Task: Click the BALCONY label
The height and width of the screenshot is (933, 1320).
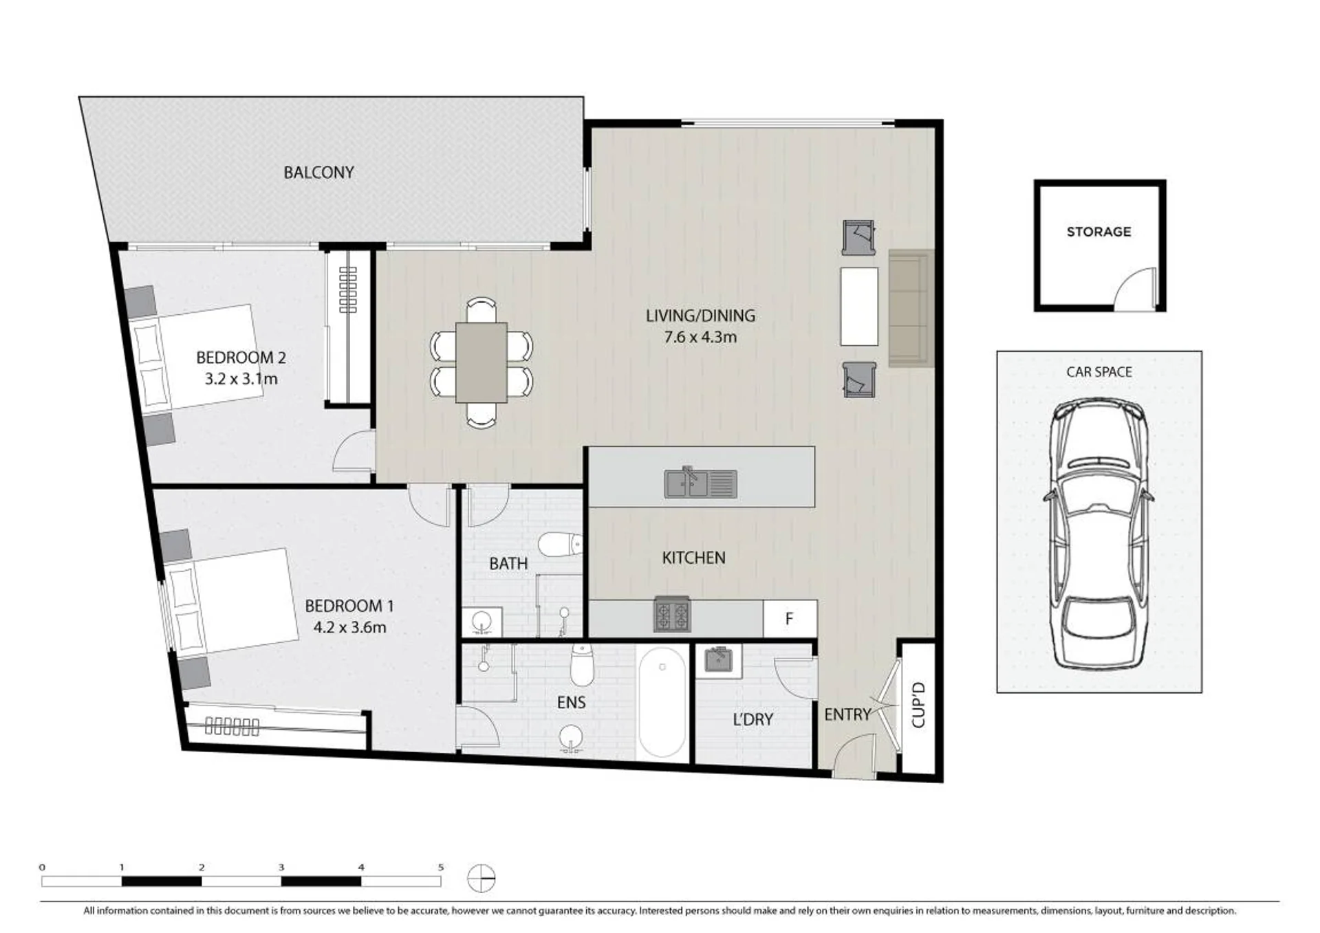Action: [318, 172]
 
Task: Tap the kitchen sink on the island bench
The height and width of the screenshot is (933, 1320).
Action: [700, 483]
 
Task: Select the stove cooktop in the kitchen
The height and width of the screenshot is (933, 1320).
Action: [671, 614]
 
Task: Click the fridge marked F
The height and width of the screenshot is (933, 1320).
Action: [790, 619]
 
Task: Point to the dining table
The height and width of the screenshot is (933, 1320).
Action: [482, 362]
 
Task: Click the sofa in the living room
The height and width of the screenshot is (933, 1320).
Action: [911, 309]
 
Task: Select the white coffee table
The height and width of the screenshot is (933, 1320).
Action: [859, 307]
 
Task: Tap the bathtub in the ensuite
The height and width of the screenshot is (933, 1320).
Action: [662, 702]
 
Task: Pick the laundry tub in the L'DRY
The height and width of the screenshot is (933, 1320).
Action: [719, 659]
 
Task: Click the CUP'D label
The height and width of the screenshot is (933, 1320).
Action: [918, 705]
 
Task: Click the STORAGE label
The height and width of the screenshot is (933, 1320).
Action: [1099, 232]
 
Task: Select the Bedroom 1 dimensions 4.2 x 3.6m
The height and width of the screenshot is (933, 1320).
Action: [349, 627]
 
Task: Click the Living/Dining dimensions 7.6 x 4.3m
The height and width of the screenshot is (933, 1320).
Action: [700, 337]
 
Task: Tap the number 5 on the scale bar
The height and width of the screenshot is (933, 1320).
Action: [440, 868]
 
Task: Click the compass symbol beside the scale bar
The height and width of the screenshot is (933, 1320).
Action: [482, 878]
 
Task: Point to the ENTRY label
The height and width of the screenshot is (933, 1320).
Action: [847, 715]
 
